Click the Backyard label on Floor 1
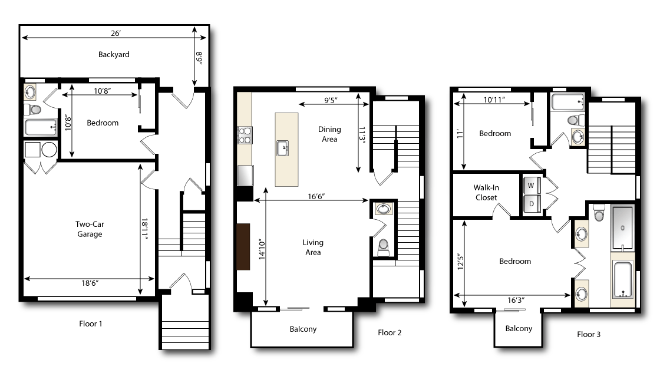tap(114, 55)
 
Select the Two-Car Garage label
tap(89, 229)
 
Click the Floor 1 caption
tap(94, 323)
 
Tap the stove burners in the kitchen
tap(245, 136)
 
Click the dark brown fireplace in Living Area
tap(243, 247)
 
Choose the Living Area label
tap(313, 247)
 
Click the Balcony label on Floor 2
tap(303, 329)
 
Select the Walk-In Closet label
tap(486, 193)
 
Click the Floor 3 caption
tap(589, 334)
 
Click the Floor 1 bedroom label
tap(103, 123)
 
